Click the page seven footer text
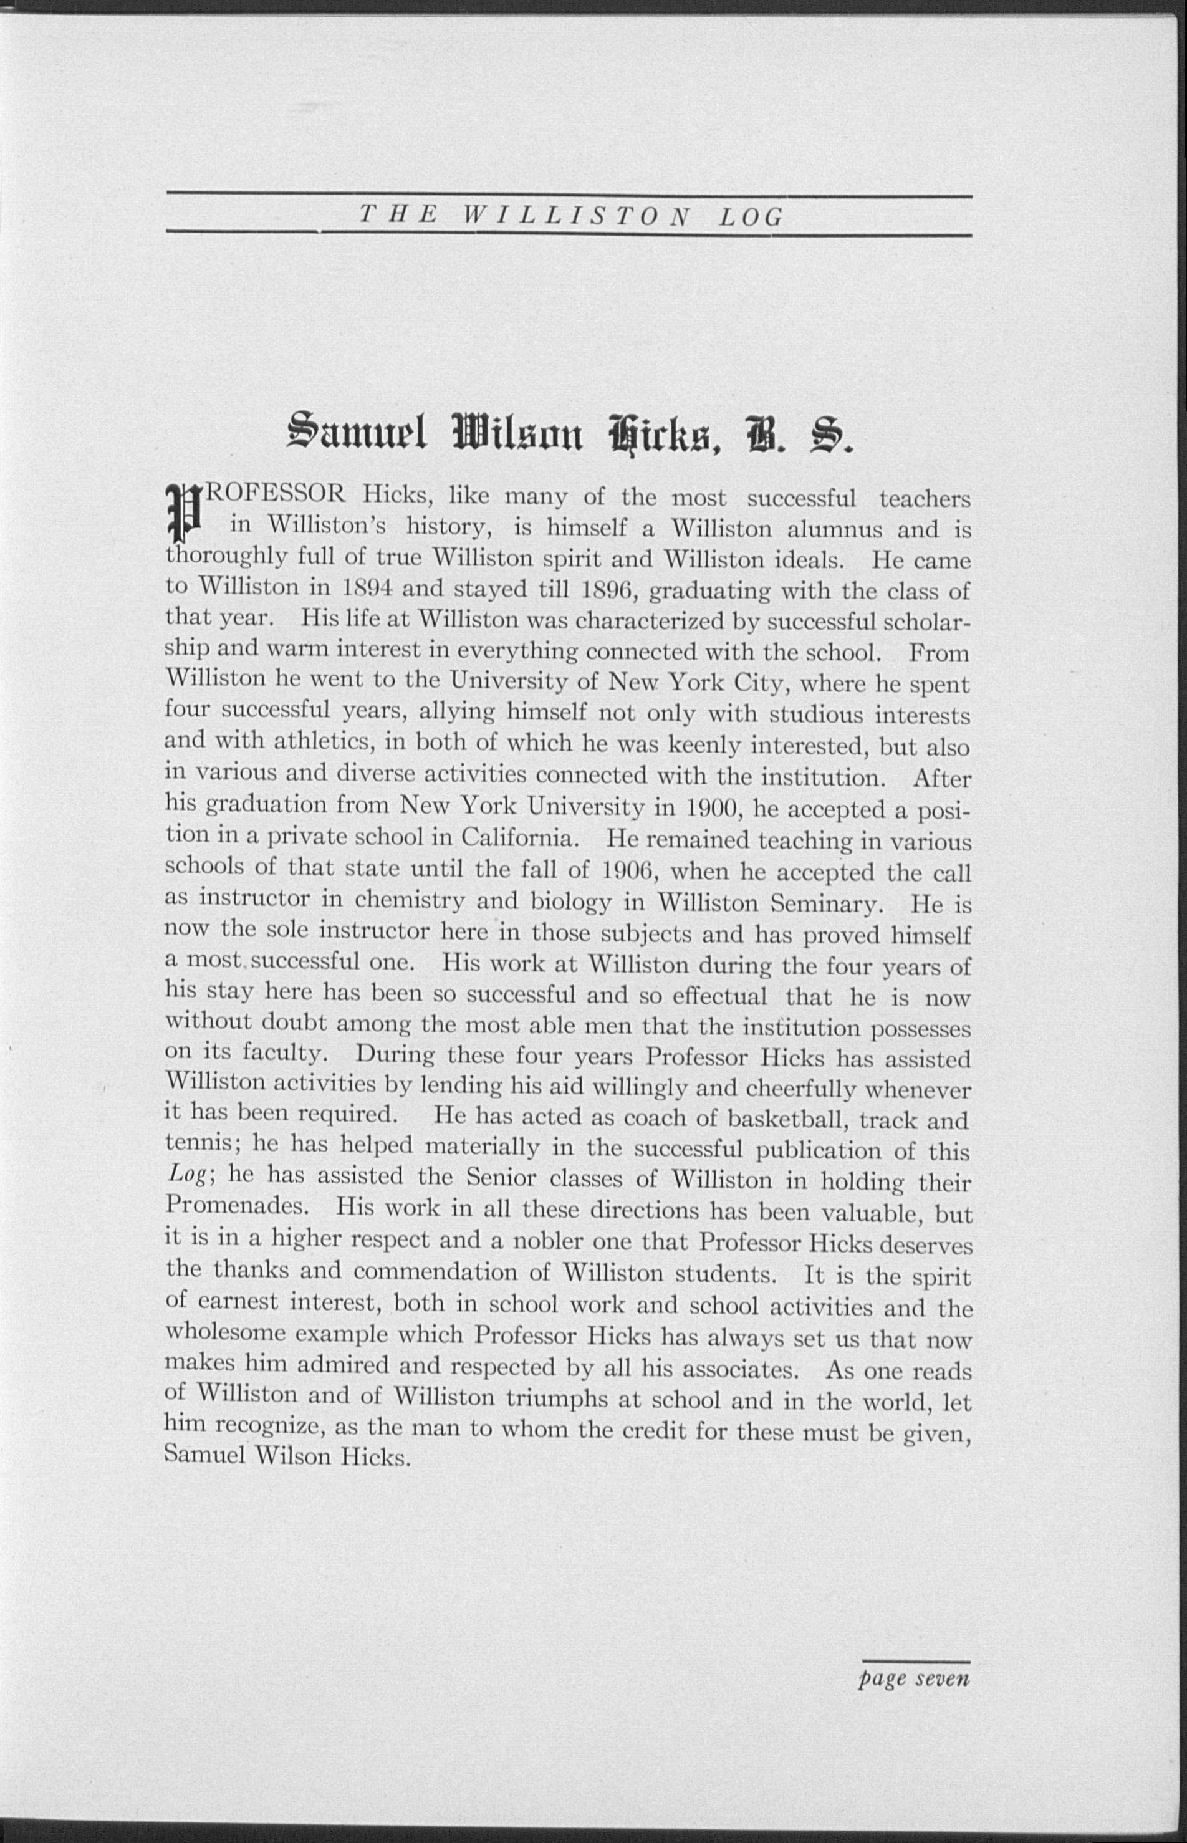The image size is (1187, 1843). (x=914, y=1696)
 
